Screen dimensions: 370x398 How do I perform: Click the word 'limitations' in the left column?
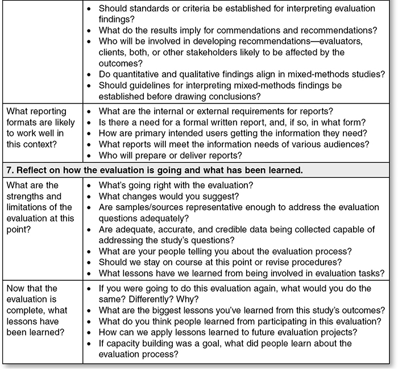click(28, 207)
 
